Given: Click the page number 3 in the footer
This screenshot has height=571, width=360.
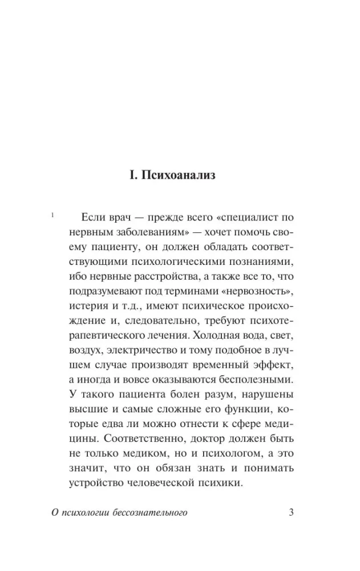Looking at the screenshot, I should click(291, 512).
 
